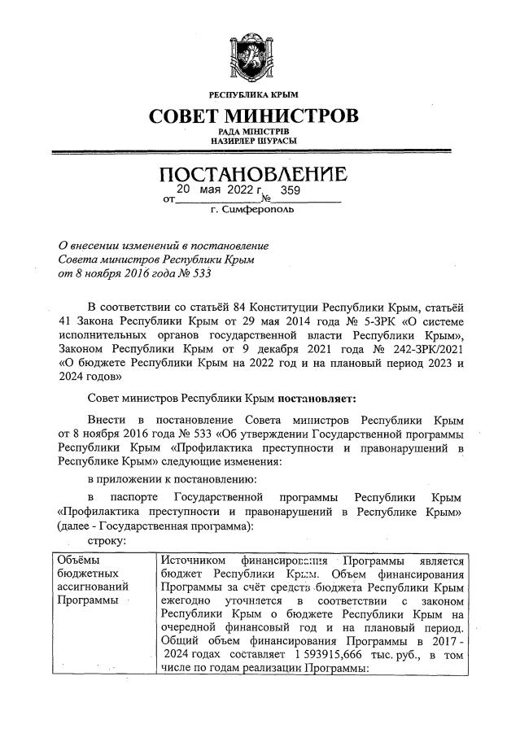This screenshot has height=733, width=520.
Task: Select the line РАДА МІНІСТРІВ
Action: [x=253, y=132]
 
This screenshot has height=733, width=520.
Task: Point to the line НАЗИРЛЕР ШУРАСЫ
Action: [x=253, y=142]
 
